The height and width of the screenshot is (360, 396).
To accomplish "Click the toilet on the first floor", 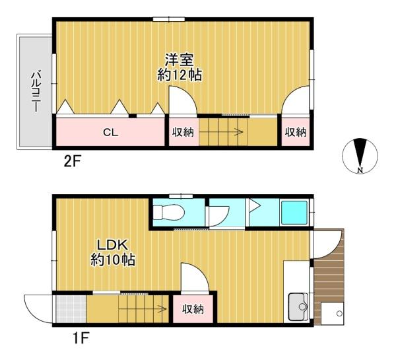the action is click(166, 212).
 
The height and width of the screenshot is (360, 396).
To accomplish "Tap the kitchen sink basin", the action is click(298, 306).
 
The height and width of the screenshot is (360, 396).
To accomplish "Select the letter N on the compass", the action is click(360, 170).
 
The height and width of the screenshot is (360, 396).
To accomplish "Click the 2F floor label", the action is click(72, 162).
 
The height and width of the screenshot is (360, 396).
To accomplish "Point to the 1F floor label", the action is click(81, 338).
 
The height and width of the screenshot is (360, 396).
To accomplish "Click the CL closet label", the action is click(111, 132).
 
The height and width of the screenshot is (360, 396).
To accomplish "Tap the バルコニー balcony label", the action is click(36, 92).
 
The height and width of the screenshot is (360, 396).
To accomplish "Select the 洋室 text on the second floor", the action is click(180, 59).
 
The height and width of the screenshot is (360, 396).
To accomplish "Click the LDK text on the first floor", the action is click(114, 245).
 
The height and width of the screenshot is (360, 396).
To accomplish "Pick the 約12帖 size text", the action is click(180, 75).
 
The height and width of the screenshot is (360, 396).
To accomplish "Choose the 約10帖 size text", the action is click(113, 260).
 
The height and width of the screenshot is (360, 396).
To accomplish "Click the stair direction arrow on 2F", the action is click(221, 131).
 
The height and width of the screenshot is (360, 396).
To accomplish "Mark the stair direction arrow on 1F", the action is click(142, 308).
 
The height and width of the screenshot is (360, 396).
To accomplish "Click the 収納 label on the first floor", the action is click(193, 309).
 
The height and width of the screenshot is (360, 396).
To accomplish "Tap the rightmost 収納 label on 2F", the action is click(296, 132).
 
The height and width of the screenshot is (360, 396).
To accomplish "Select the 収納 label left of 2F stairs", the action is click(183, 132).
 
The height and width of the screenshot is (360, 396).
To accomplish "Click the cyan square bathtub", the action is click(294, 212).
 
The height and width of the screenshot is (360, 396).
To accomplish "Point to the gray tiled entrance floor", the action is click(71, 309).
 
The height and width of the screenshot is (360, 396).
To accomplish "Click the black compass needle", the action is click(360, 152).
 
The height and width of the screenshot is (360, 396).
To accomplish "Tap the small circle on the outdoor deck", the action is click(339, 314).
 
